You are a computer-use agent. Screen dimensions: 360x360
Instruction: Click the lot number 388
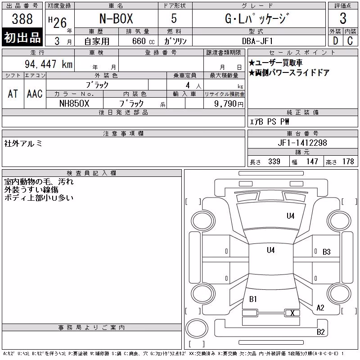click(x=22, y=18)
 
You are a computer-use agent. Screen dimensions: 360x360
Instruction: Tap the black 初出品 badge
click(x=22, y=37)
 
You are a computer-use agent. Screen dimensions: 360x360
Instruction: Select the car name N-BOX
click(x=116, y=18)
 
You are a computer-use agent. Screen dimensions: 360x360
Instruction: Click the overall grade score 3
click(x=343, y=18)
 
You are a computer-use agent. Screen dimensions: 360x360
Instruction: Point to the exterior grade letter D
click(x=335, y=41)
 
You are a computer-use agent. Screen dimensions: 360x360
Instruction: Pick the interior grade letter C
click(x=350, y=41)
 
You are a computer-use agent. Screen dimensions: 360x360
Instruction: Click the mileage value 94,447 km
click(x=49, y=64)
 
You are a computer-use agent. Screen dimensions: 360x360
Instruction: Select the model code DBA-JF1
click(x=257, y=41)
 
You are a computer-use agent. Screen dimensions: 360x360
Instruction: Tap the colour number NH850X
click(x=74, y=103)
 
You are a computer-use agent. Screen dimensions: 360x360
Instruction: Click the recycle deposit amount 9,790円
click(x=229, y=104)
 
